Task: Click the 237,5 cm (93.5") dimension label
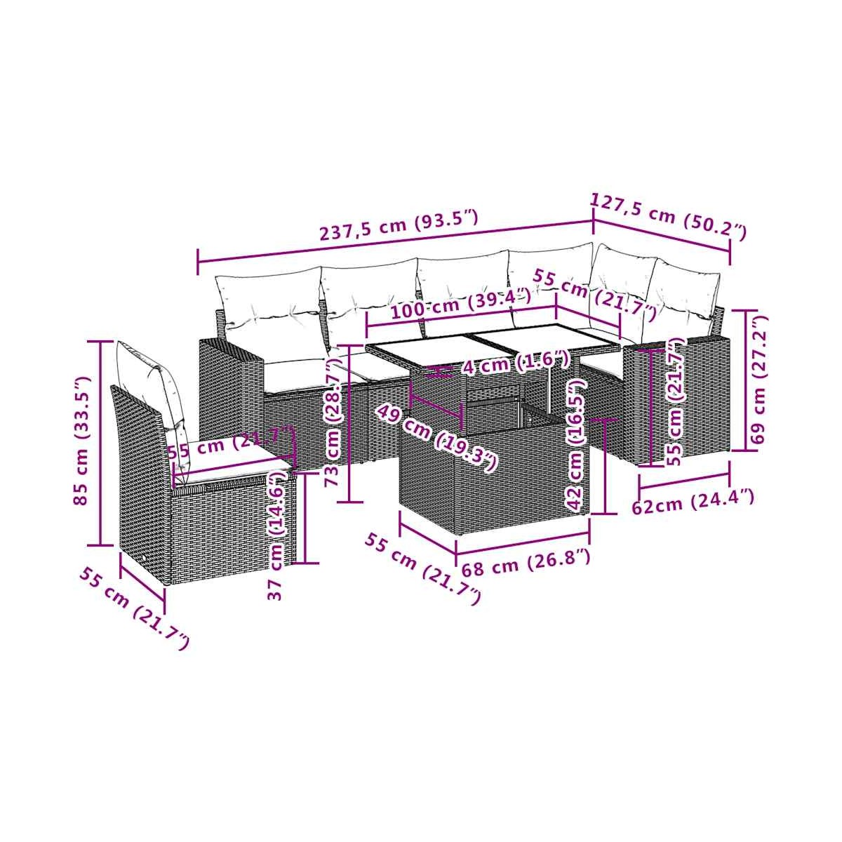pos(399,225)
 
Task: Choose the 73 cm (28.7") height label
pos(333,422)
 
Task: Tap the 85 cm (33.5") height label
pos(81,441)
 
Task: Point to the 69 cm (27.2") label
pos(759,380)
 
